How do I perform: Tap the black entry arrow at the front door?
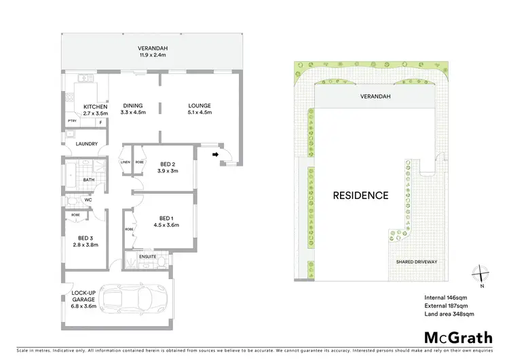[216, 154]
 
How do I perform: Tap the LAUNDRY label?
[88, 143]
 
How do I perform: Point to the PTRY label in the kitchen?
[71, 122]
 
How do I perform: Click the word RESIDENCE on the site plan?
[360, 196]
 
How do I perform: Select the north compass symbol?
[480, 274]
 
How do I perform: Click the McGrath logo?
[458, 337]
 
